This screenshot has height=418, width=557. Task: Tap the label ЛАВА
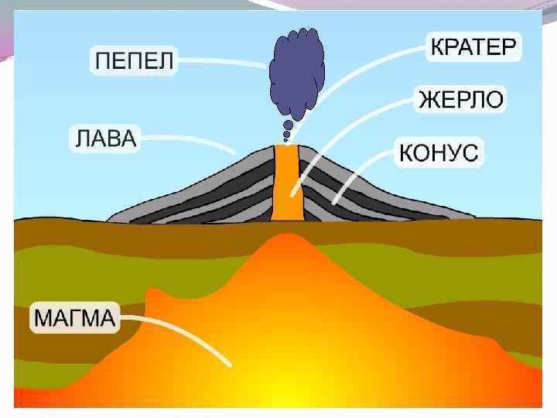(x=104, y=139)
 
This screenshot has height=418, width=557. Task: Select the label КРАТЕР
(x=472, y=47)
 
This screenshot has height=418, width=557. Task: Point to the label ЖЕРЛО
(x=461, y=99)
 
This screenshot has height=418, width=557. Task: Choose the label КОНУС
(x=439, y=152)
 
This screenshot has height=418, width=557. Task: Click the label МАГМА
(x=74, y=317)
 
